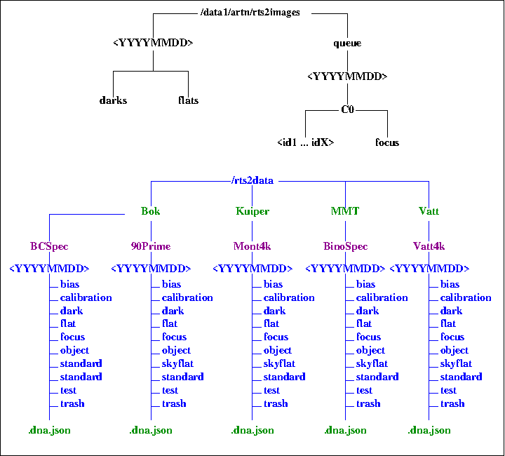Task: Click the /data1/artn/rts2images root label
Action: pos(250,13)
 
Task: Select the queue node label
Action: pos(347,43)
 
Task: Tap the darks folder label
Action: pos(113,100)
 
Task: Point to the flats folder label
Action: pos(188,100)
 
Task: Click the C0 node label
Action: pos(347,109)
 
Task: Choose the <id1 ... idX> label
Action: pos(305,142)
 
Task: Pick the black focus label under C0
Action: pos(387,142)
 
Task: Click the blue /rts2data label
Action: pos(252,180)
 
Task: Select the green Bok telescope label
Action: pos(151,211)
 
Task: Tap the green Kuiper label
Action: pos(252,211)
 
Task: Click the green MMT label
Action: pos(345,211)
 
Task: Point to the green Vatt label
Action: pos(429,211)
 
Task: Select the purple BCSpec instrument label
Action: pos(49,246)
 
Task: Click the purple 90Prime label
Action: pos(151,246)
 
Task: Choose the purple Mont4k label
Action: pos(252,246)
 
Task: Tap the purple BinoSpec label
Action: pos(345,246)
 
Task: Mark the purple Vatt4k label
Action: pos(429,246)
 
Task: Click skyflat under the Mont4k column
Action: pos(279,363)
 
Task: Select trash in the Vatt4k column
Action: pos(452,403)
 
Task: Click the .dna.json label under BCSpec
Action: pos(49,430)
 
